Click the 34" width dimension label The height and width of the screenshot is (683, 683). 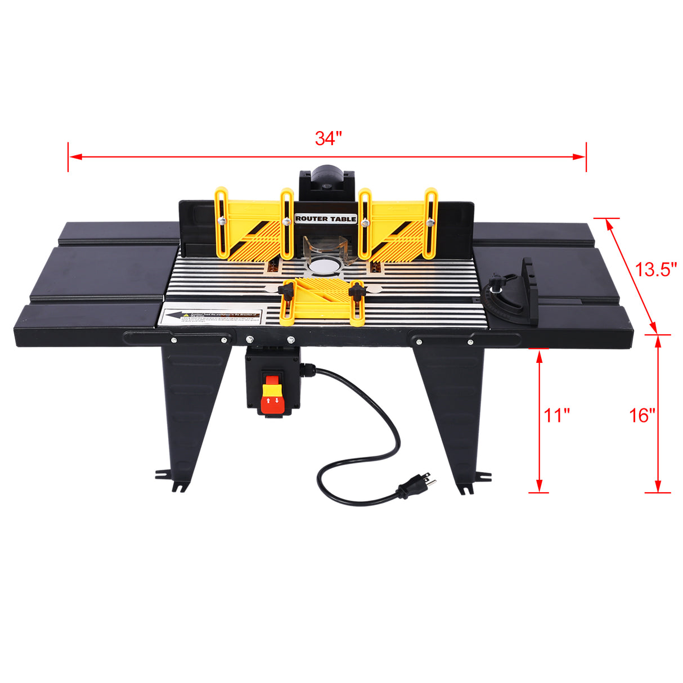pos(328,138)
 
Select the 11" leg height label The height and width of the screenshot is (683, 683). pos(556,416)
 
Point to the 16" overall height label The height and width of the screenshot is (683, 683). pos(642,416)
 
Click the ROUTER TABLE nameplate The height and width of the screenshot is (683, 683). pos(326,218)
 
